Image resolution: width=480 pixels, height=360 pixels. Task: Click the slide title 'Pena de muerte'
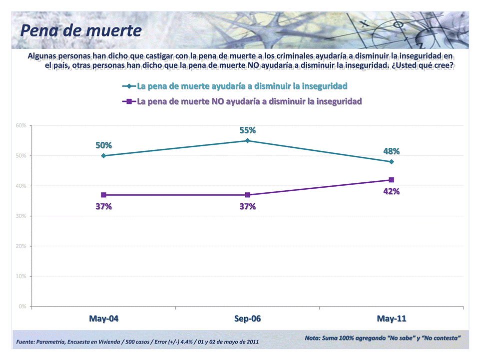pyautogui.click(x=81, y=31)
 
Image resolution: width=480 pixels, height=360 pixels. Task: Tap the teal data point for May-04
pyautogui.click(x=103, y=156)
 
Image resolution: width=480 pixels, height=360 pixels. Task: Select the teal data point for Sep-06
pyautogui.click(x=247, y=141)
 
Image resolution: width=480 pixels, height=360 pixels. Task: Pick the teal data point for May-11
pyautogui.click(x=391, y=162)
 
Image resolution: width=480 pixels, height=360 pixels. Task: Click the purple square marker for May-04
pyautogui.click(x=103, y=195)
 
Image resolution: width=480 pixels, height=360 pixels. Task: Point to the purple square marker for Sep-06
pyautogui.click(x=247, y=195)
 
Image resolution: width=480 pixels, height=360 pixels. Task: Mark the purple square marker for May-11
pyautogui.click(x=391, y=180)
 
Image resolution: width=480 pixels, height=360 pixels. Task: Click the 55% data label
pyautogui.click(x=247, y=130)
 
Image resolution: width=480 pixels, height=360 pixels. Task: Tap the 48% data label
pyautogui.click(x=391, y=151)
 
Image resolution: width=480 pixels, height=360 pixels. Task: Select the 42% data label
pyautogui.click(x=391, y=191)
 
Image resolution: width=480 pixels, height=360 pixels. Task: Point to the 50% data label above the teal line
pyautogui.click(x=103, y=145)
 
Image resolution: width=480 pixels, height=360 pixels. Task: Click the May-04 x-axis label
pyautogui.click(x=103, y=319)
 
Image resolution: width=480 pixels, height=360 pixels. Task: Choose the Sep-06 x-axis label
pyautogui.click(x=247, y=319)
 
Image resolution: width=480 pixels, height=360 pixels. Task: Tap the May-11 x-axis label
pyautogui.click(x=391, y=319)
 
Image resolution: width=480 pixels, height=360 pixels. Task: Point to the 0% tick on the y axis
pyautogui.click(x=22, y=306)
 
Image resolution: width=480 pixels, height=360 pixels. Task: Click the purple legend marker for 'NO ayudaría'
pyautogui.click(x=129, y=101)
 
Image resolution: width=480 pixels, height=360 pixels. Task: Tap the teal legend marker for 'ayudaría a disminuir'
pyautogui.click(x=129, y=86)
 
